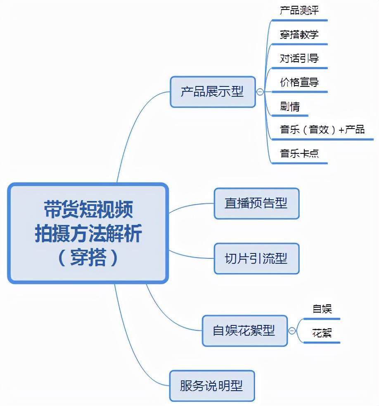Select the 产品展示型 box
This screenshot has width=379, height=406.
213,92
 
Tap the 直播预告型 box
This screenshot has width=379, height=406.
256,203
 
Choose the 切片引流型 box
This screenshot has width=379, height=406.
256,259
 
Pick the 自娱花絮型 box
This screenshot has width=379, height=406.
244,330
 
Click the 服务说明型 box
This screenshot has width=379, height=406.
212,386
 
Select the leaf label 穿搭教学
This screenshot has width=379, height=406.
299,35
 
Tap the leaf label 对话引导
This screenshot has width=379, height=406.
299,59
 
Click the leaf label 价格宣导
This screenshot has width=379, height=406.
299,82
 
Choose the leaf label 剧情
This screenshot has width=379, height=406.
289,106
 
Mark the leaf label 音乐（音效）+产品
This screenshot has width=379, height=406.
322,130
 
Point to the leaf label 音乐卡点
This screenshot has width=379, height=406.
299,154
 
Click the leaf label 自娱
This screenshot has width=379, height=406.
322,309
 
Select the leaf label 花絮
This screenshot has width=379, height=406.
322,333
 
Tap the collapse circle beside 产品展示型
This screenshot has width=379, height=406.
260,92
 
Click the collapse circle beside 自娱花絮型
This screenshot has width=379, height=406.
292,331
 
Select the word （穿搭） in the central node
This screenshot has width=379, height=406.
88,258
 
